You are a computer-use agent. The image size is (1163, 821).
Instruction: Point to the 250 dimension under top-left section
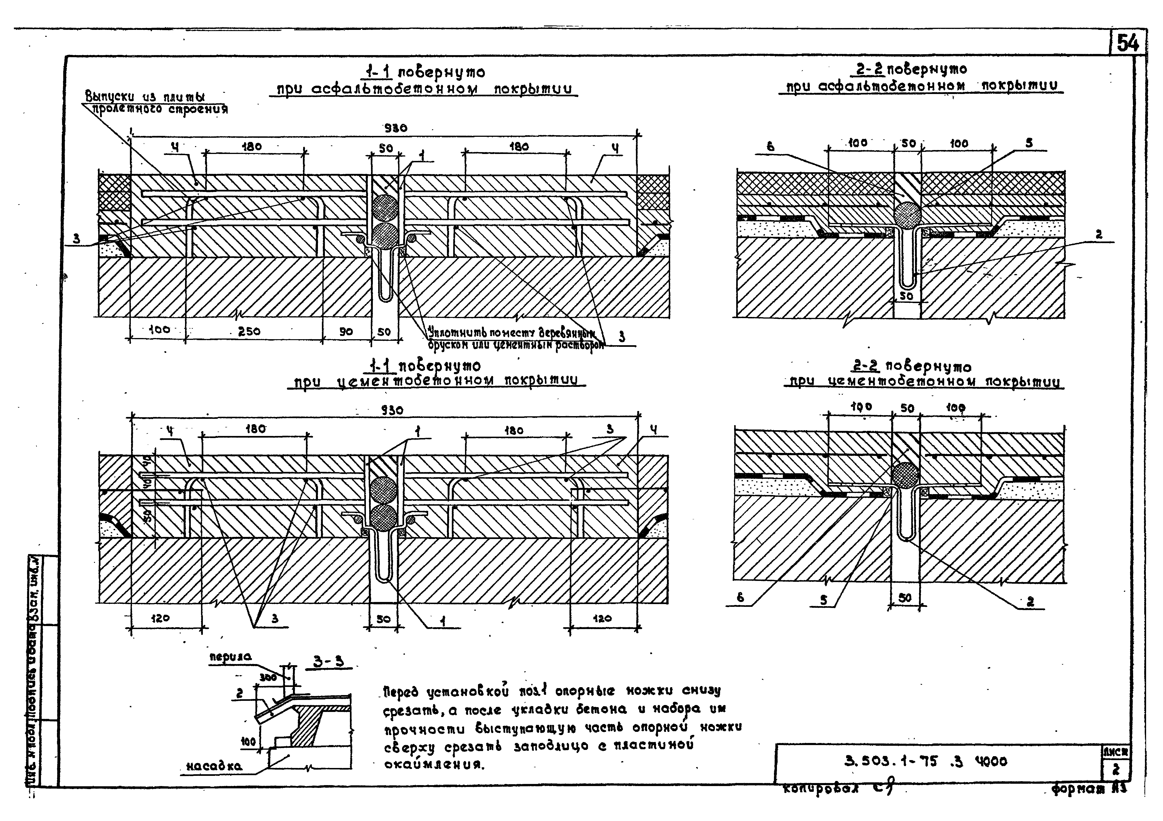point(249,331)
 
